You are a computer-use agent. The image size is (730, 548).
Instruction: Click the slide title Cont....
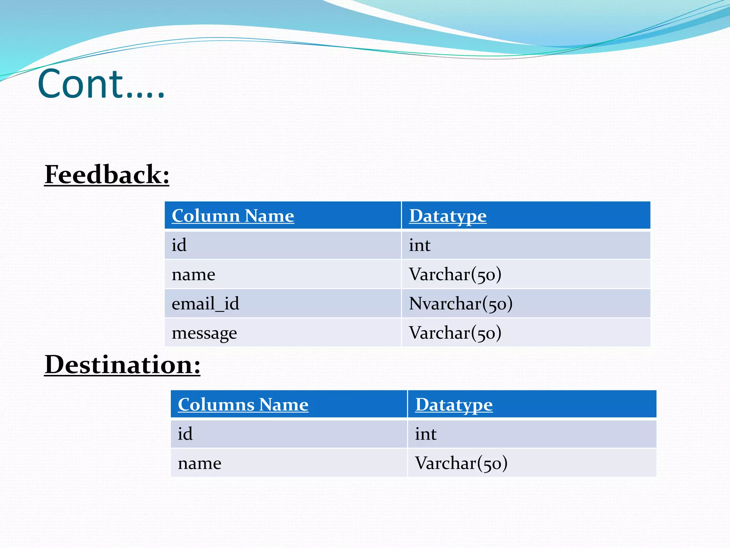pos(101,84)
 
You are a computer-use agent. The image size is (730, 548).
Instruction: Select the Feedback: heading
pos(107,175)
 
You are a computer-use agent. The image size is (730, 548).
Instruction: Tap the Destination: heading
pos(122,365)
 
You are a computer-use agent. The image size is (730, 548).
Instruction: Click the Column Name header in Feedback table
pos(233,216)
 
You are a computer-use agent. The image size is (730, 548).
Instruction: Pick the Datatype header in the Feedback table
pos(448,216)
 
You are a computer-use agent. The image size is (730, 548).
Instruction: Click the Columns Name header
pos(243,405)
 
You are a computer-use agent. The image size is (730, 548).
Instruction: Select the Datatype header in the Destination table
pos(454,405)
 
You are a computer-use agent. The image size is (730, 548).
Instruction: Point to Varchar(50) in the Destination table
pos(461,463)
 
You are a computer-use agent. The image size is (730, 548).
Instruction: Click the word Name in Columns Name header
pos(284,405)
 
